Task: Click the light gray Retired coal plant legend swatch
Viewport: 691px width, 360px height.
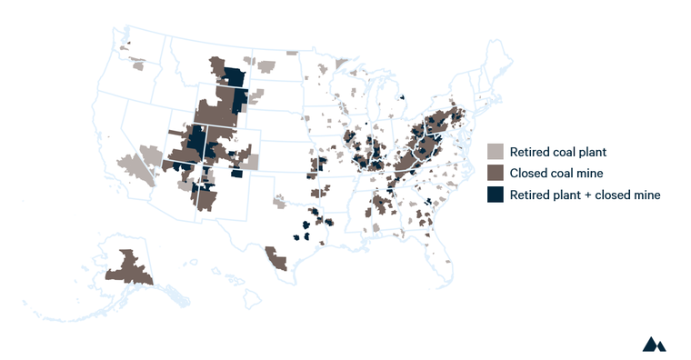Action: click(x=496, y=152)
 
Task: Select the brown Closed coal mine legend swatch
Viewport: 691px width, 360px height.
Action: click(x=496, y=173)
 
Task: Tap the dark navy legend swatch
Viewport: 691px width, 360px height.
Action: click(x=496, y=195)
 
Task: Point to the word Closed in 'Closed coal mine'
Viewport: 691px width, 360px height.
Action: click(x=530, y=173)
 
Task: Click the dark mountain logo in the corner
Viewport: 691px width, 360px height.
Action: click(x=654, y=344)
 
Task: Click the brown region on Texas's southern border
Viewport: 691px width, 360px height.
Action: click(x=276, y=259)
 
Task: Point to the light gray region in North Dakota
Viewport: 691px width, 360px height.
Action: click(x=265, y=65)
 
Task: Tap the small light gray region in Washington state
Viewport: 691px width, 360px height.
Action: click(x=138, y=65)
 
